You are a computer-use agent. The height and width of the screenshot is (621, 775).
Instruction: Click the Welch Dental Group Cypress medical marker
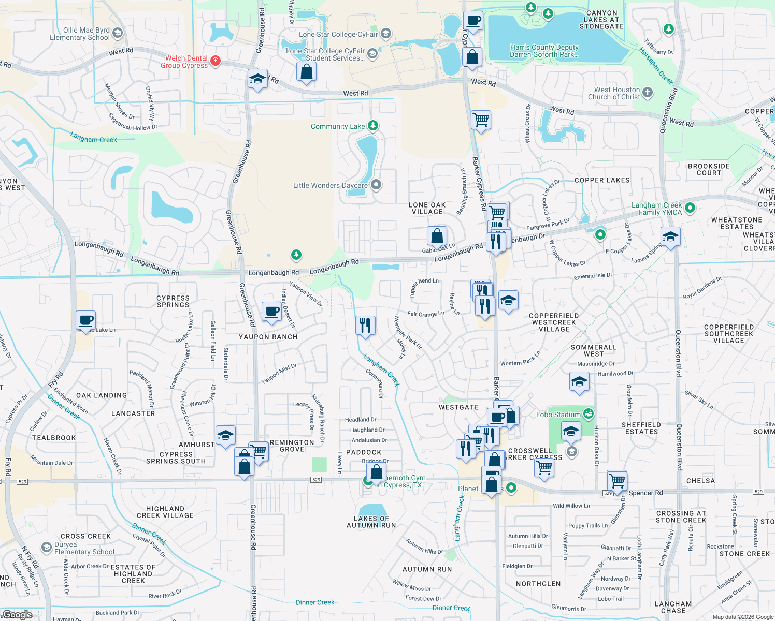click(x=216, y=61)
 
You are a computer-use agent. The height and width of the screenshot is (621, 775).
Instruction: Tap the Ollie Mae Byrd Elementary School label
click(x=80, y=34)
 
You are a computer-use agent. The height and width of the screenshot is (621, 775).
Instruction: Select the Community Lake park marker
click(x=372, y=126)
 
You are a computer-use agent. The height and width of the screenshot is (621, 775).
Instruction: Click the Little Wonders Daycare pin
click(x=377, y=185)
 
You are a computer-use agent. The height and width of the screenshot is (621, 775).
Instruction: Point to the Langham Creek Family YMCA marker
click(x=690, y=208)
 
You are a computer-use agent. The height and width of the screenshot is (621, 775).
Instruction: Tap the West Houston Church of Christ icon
click(x=648, y=93)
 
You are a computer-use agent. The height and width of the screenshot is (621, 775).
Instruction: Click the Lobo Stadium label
click(x=558, y=415)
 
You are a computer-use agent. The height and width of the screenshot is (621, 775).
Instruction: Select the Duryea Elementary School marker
click(x=47, y=548)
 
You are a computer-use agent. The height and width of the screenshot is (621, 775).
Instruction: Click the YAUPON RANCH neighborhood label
click(x=268, y=337)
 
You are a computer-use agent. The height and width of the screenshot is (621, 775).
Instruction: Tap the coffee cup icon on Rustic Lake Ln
click(x=85, y=320)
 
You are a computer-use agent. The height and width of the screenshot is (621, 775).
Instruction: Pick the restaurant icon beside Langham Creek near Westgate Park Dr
click(x=365, y=326)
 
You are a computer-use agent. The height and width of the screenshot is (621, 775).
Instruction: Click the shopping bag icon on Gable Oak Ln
click(x=437, y=236)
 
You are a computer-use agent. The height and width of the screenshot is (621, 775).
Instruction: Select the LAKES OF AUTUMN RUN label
click(x=371, y=522)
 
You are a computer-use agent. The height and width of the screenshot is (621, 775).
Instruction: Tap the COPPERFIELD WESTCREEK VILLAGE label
click(x=554, y=322)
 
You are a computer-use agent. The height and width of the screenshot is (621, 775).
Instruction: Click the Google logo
click(x=17, y=614)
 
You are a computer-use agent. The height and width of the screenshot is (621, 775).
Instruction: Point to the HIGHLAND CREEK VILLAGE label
click(x=165, y=512)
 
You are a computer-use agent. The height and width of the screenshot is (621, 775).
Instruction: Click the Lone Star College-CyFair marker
click(x=385, y=34)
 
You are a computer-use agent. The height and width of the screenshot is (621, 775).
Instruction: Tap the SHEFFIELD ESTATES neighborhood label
click(x=641, y=428)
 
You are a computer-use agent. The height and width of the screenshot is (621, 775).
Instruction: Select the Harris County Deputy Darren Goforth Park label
click(x=544, y=51)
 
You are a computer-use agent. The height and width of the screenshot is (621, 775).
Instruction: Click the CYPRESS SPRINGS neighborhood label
click(x=173, y=301)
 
